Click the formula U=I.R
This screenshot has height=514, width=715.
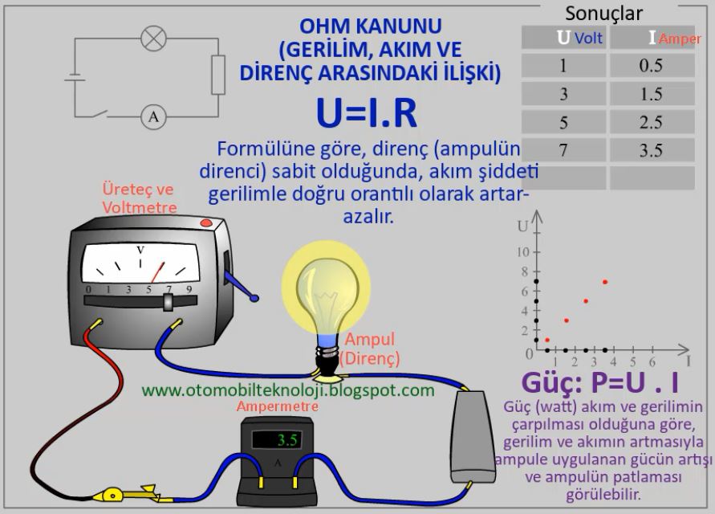click(x=367, y=114)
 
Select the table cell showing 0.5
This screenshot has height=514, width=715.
click(x=651, y=66)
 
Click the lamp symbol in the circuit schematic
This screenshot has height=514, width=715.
click(x=152, y=37)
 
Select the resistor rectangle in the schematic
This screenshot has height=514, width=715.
click(x=217, y=75)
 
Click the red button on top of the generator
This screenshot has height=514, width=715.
click(x=205, y=222)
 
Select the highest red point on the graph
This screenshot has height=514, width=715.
click(x=604, y=282)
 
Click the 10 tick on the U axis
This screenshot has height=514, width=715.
click(x=523, y=252)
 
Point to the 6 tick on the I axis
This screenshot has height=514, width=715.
click(x=652, y=362)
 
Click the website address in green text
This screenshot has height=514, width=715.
click(x=288, y=390)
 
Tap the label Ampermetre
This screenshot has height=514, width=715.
click(x=277, y=406)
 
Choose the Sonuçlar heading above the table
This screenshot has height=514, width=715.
click(x=603, y=13)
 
